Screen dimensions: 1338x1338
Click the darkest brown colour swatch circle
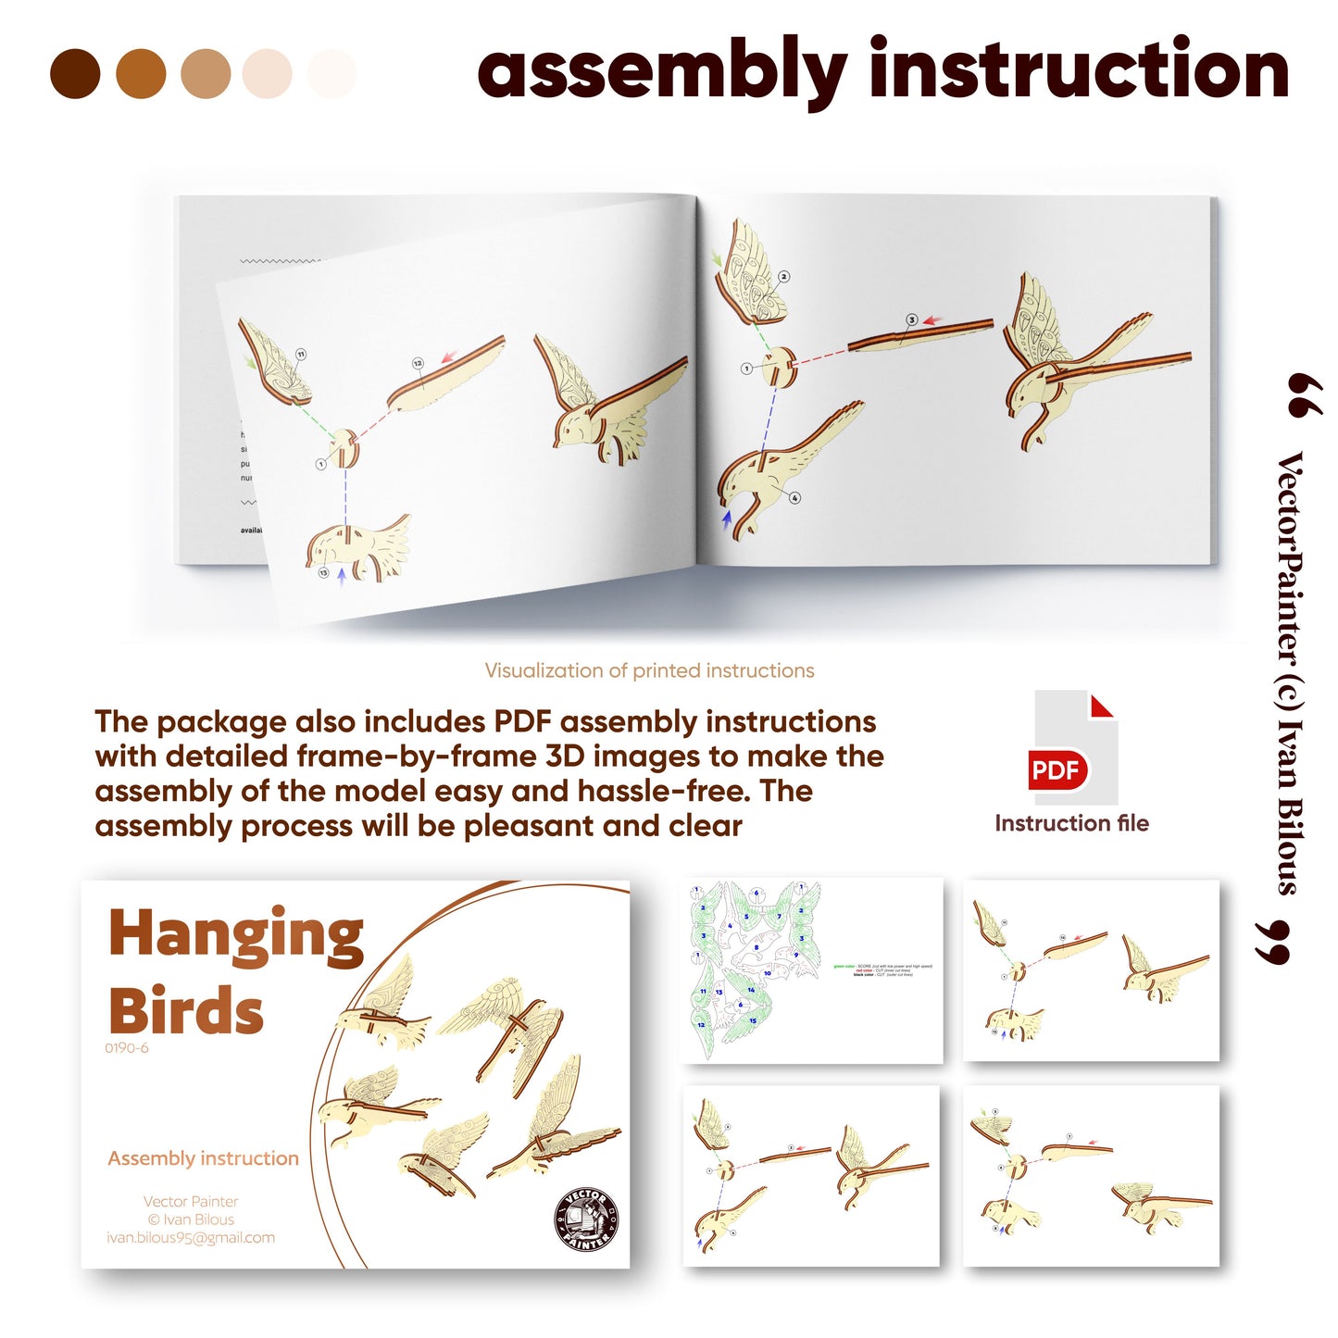coord(75,74)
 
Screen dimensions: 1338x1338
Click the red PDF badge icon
coord(1057,770)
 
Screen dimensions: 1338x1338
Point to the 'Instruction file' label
coord(1071,823)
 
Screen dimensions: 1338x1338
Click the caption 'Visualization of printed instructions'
coord(649,670)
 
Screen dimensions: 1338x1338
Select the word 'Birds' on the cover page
coord(186,1010)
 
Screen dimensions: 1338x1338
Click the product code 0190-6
coord(126,1048)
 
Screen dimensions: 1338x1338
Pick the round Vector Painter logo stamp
coord(586,1219)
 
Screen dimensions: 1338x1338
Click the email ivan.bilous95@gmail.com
coord(191,1238)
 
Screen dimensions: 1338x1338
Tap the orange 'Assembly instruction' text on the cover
coord(203,1158)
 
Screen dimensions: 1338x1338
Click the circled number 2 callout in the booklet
coord(784,277)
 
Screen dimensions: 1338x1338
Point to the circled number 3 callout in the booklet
coord(911,320)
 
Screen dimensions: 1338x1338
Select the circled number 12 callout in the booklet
coord(418,364)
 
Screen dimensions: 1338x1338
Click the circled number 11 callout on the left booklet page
coord(301,355)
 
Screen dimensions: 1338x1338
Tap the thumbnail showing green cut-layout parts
coord(811,969)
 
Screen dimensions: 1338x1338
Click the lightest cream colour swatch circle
coord(331,74)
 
